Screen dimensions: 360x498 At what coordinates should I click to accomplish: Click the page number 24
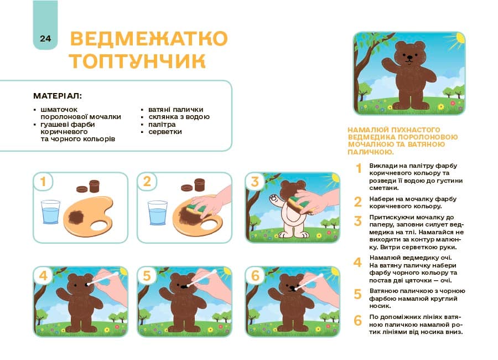pos(45,38)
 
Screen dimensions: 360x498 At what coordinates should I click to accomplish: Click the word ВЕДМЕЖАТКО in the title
pos(149,39)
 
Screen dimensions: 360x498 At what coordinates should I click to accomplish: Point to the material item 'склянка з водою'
pos(179,117)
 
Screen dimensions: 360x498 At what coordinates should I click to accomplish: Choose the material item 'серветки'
pos(165,132)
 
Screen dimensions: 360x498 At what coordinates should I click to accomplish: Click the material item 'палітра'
pos(162,125)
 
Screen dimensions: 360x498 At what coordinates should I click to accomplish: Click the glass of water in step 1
pos(50,212)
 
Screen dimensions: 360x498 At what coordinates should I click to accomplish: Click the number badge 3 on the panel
pos(255,182)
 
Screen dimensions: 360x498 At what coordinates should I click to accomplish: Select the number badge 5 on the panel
pos(147,276)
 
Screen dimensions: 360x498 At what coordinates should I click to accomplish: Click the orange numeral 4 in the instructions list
pos(358,262)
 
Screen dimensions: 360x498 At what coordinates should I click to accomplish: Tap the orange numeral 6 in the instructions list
pos(358,320)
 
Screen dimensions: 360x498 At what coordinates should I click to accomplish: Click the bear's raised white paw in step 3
pos(272,198)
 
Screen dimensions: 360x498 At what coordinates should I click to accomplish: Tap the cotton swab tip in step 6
pos(297,287)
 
